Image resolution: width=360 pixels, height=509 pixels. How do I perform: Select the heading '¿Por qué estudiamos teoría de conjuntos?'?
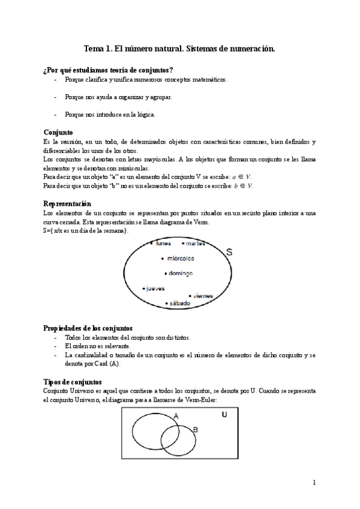(109, 70)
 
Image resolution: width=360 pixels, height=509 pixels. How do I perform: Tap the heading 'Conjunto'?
(58, 132)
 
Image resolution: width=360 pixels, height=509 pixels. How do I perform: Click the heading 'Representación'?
(67, 204)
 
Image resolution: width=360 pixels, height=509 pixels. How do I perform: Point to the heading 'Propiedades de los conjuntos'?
(88, 328)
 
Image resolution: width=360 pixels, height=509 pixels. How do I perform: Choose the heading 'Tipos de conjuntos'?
(73, 382)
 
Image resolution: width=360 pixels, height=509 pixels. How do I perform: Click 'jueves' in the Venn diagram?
(155, 288)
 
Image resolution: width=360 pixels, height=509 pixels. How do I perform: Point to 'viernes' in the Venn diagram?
(203, 295)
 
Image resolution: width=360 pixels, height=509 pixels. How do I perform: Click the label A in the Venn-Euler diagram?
(176, 416)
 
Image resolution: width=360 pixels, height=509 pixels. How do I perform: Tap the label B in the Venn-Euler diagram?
(195, 429)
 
